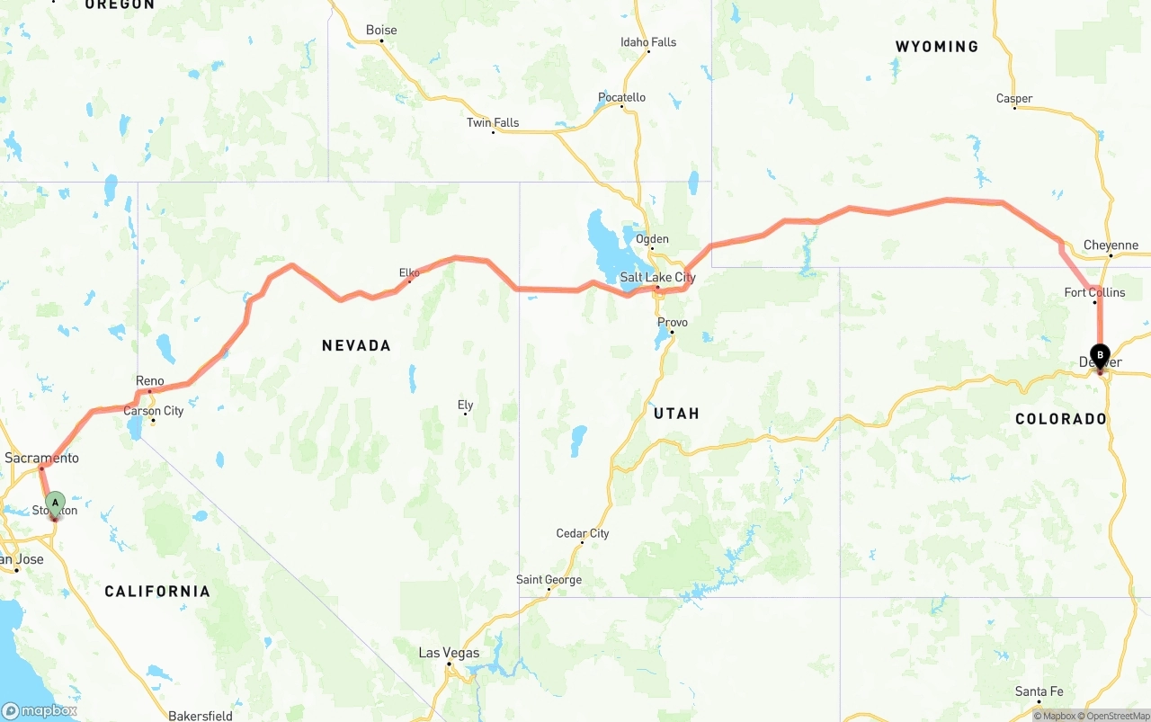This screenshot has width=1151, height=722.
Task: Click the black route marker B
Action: pos(1100,355)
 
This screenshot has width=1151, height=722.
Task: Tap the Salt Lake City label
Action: pos(657,277)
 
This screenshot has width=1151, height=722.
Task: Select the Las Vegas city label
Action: pos(449,653)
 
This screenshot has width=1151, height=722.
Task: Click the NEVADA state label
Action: pos(356,345)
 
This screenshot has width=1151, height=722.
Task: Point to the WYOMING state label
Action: pos(936,47)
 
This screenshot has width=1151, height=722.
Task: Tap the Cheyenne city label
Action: pos(1111,245)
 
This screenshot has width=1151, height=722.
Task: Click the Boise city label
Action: pos(381,30)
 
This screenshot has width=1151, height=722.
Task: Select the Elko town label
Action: pos(409,272)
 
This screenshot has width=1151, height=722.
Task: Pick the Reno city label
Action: pos(150,381)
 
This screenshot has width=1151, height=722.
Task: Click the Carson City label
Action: pos(154,411)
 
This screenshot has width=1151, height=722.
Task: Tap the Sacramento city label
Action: pos(41,458)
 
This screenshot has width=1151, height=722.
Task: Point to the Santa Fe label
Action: pos(1039,691)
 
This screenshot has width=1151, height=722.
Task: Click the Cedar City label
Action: pos(583,533)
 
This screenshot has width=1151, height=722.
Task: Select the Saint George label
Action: pos(549,580)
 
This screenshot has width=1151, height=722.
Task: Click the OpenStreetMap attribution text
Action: pos(1116,716)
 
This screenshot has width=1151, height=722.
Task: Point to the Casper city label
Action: pos(1014,99)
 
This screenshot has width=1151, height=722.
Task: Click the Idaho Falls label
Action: pos(648,41)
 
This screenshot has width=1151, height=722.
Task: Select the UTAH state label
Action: pos(676,414)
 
